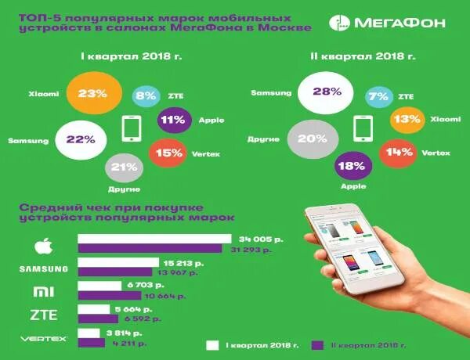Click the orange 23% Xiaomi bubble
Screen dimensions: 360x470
tap(92, 94)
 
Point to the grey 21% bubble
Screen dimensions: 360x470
tap(120, 167)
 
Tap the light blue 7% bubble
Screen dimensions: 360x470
tap(379, 97)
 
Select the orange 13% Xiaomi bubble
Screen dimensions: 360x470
tap(407, 121)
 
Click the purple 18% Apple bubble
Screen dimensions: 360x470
tap(352, 167)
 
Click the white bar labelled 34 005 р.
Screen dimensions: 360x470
tap(154, 239)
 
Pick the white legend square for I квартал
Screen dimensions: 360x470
tap(211, 344)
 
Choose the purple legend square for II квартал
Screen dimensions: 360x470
tap(318, 344)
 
